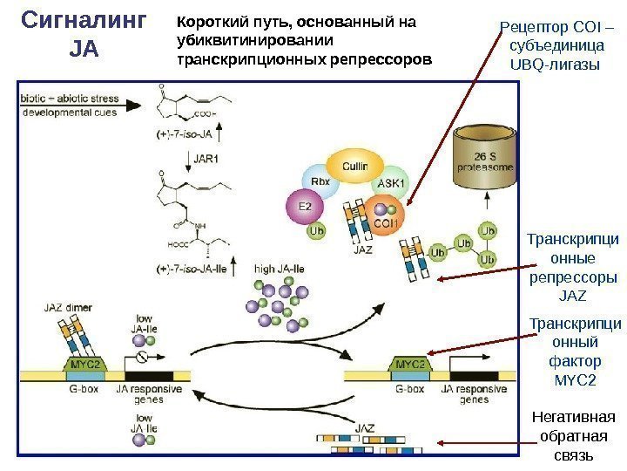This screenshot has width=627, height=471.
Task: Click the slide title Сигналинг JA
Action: point(84,35)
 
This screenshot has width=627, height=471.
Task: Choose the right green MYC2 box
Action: point(409,363)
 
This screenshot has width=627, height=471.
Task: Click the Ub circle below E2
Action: point(317,233)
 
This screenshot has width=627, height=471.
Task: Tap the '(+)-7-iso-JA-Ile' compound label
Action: point(192,269)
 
